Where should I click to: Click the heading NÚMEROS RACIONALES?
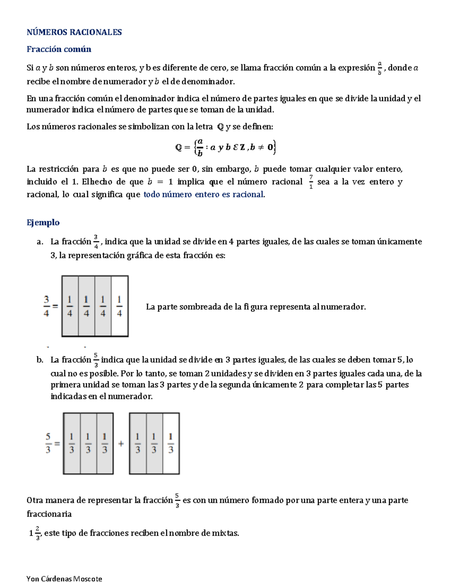coord(74,32)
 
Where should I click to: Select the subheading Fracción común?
coord(59,49)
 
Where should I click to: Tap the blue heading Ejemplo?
coord(43,222)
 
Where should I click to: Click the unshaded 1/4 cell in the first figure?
coord(120,306)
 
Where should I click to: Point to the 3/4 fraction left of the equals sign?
coord(46,306)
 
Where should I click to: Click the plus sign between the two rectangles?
coord(121,444)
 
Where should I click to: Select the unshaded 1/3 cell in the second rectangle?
coord(171,443)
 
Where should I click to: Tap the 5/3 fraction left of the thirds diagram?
coord(48,443)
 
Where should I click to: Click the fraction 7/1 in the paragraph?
coord(311,182)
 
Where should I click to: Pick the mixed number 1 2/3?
coord(35,533)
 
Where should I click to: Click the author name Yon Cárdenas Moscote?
coord(64,578)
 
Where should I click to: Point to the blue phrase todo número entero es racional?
coord(203,194)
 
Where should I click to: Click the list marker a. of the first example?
coord(40,242)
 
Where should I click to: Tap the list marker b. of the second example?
coord(40,360)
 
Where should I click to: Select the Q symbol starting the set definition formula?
coord(179,147)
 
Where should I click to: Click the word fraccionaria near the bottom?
coord(49,514)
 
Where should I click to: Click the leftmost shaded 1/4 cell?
coord(70,306)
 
